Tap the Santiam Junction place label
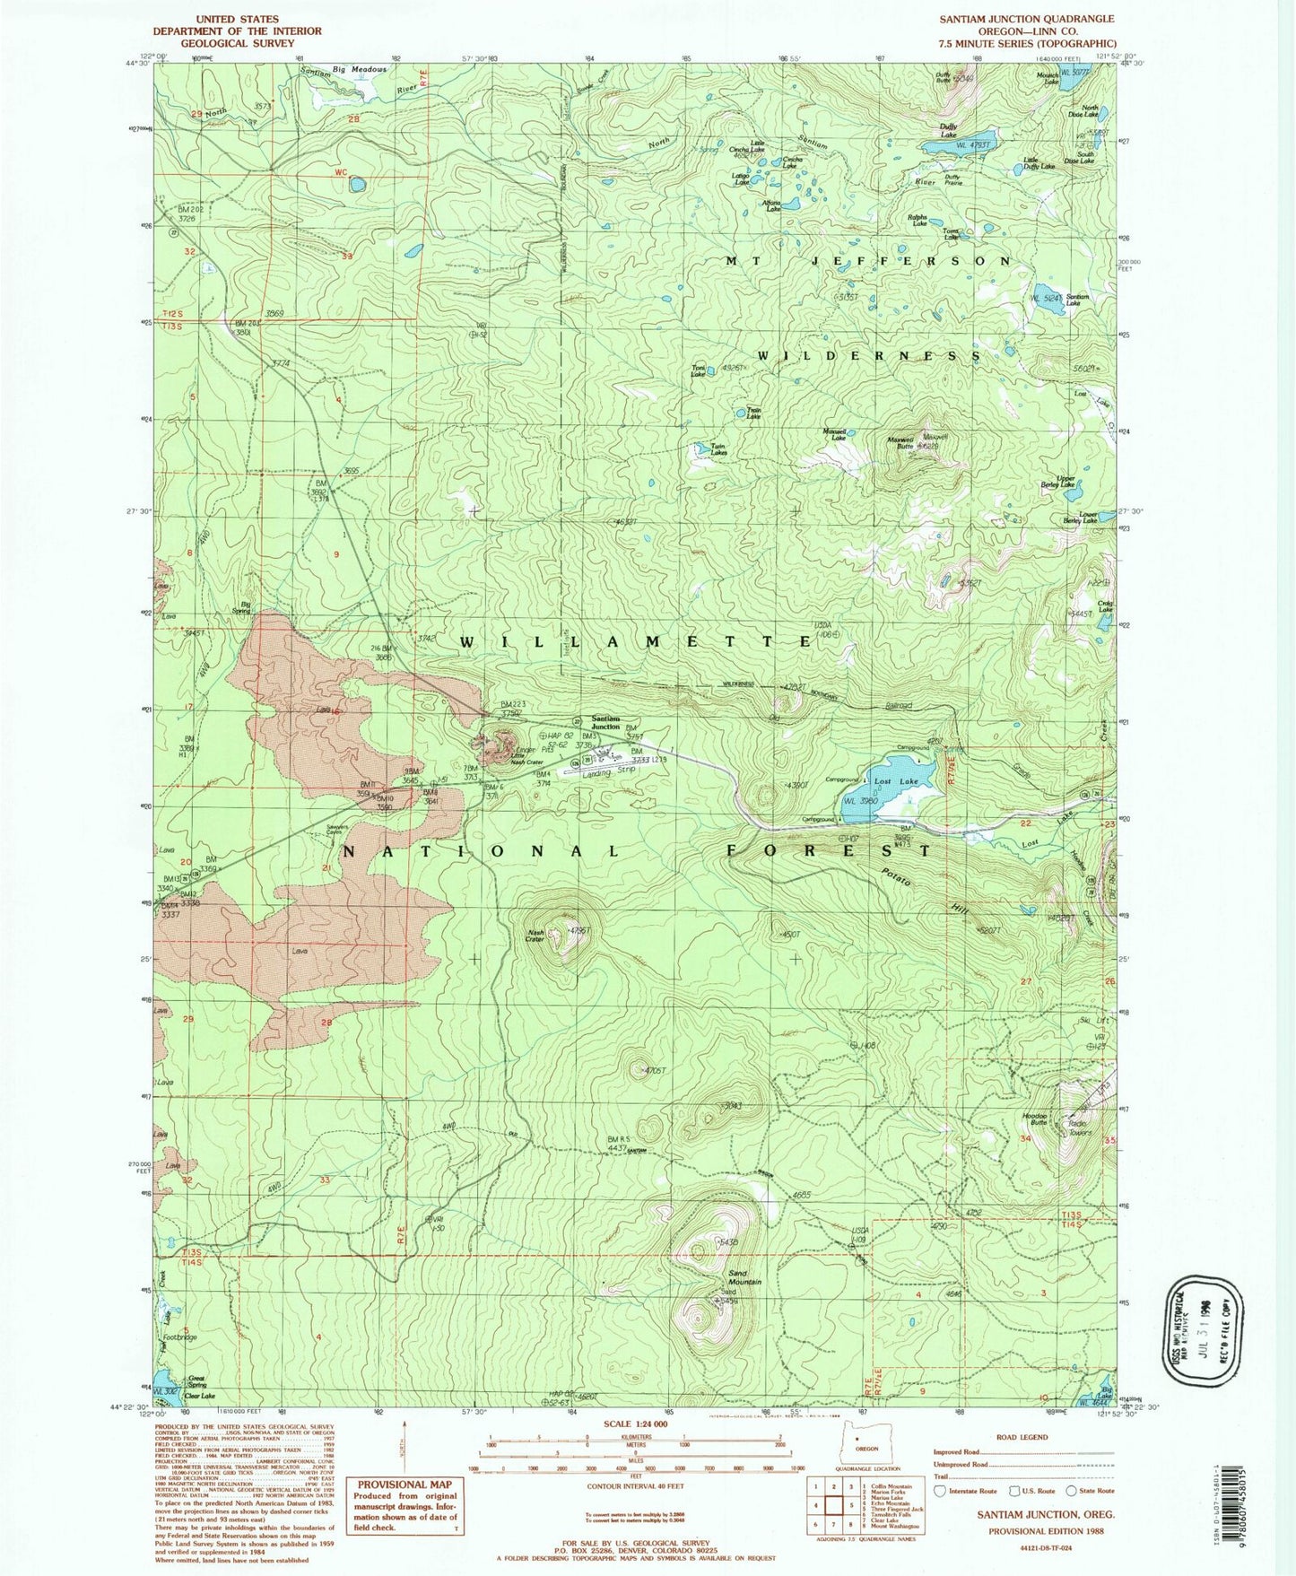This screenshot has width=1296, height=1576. (x=605, y=723)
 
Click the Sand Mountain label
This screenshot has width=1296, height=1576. (x=744, y=1277)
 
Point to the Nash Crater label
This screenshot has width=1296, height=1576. (x=536, y=936)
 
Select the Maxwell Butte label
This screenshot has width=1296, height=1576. (x=900, y=443)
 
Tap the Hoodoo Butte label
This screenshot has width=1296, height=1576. (x=1034, y=1119)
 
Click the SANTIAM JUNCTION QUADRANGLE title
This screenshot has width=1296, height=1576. (x=1027, y=19)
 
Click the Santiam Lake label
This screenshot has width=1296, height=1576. (x=1077, y=300)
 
